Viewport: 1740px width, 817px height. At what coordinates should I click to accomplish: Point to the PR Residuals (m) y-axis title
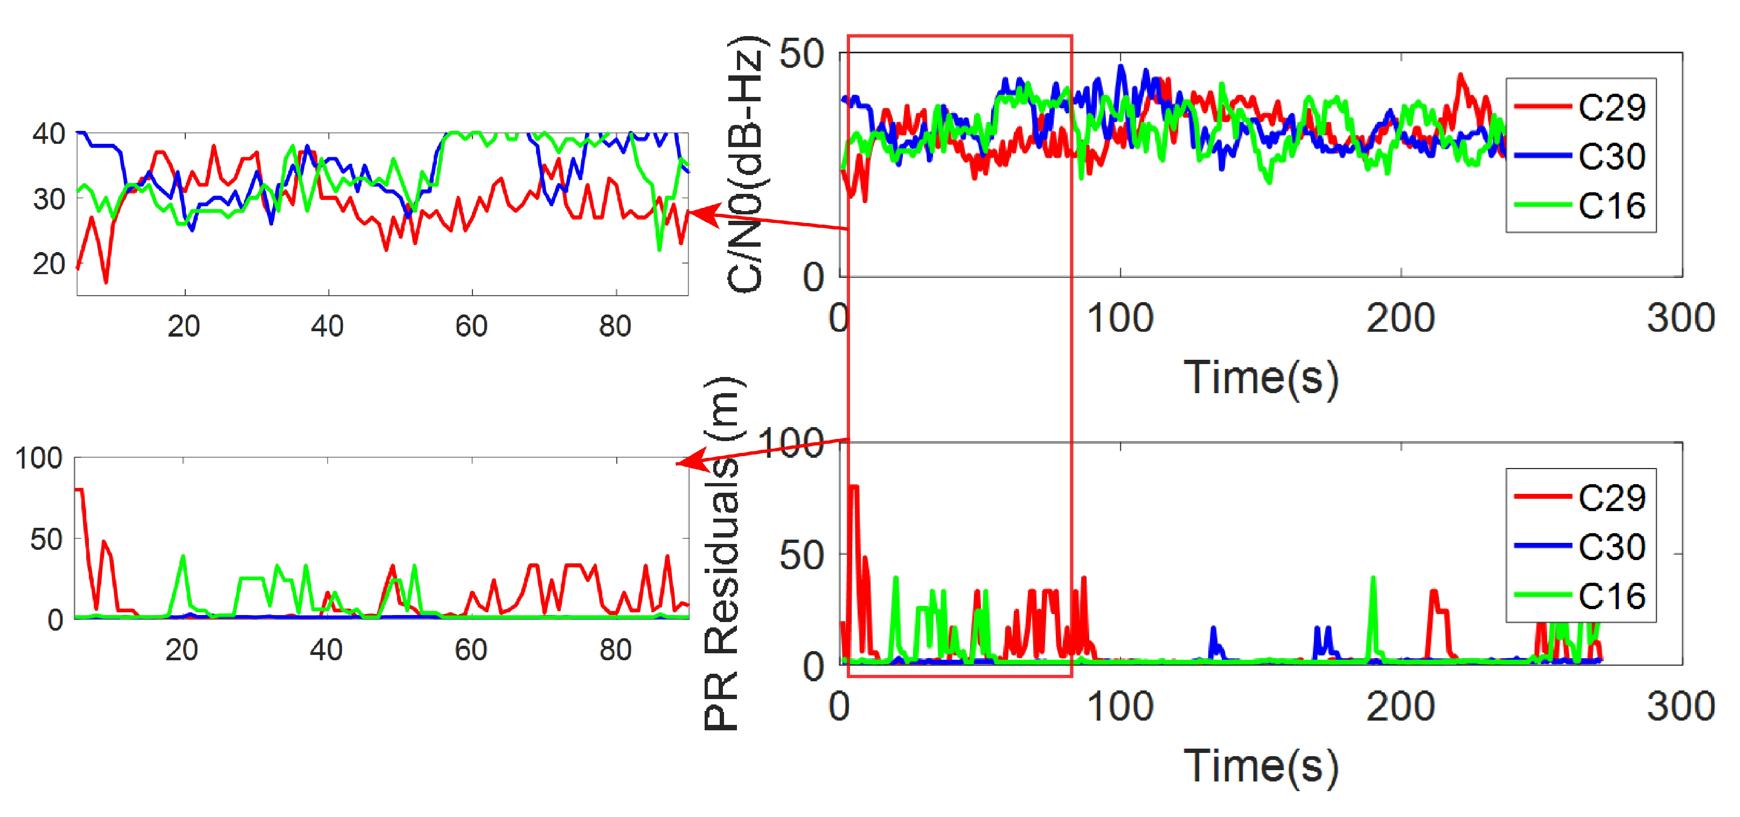723,554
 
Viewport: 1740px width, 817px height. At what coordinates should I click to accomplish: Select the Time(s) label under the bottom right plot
1261,766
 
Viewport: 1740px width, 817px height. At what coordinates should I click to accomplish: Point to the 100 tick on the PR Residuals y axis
790,444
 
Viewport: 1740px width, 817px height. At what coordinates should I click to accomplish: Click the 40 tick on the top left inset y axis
48,134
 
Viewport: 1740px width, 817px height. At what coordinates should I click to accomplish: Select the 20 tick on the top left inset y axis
48,264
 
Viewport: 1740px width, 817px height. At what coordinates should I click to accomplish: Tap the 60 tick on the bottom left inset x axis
471,650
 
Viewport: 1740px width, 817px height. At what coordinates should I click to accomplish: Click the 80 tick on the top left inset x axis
615,326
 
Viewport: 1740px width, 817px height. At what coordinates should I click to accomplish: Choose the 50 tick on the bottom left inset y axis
46,540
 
